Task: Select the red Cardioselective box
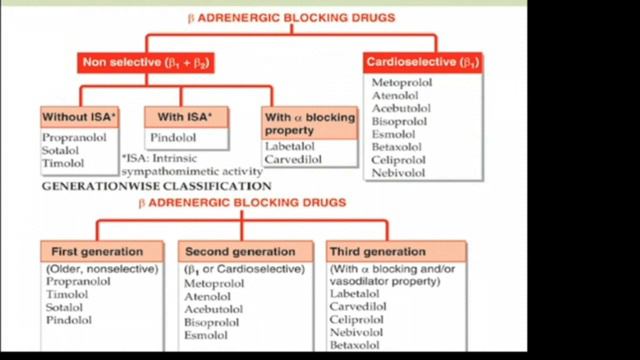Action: coord(425,61)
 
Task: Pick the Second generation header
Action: coord(239,251)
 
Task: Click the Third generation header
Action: coord(376,251)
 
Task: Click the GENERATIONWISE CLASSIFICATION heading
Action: coord(155,186)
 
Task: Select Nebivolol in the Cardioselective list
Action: coord(398,173)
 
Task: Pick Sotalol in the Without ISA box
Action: coord(63,149)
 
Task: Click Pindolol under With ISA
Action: coord(172,137)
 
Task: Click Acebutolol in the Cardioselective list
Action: coord(401,108)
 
